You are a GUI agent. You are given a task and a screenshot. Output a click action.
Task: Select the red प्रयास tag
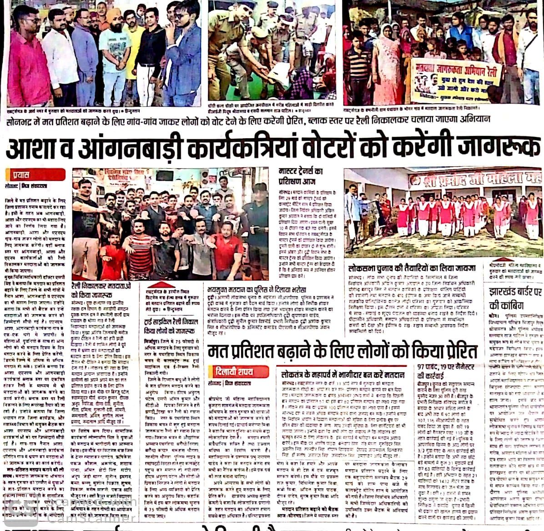pos(21,174)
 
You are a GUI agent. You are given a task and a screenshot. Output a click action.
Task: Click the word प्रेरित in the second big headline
pos(452,352)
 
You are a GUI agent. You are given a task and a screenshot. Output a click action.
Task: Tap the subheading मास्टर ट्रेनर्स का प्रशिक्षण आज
pos(301,175)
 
